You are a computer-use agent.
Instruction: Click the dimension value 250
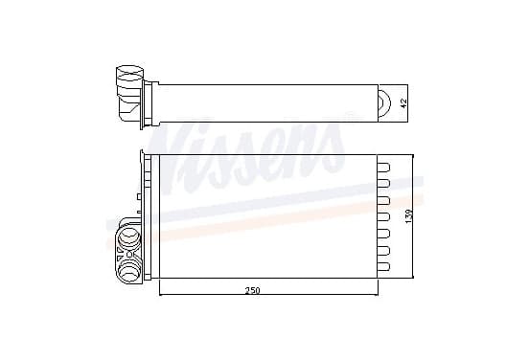pyautogui.click(x=253, y=290)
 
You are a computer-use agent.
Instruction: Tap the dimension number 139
pyautogui.click(x=408, y=216)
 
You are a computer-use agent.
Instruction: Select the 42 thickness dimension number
pyautogui.click(x=403, y=102)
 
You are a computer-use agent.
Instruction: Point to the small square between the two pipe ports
pyautogui.click(x=129, y=255)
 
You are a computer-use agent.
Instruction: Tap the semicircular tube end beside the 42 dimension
pyautogui.click(x=385, y=103)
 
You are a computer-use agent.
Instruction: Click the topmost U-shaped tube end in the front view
pyautogui.click(x=383, y=168)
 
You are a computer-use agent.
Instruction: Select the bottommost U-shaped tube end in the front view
pyautogui.click(x=383, y=266)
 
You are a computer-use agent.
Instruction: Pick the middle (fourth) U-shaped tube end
pyautogui.click(x=383, y=216)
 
